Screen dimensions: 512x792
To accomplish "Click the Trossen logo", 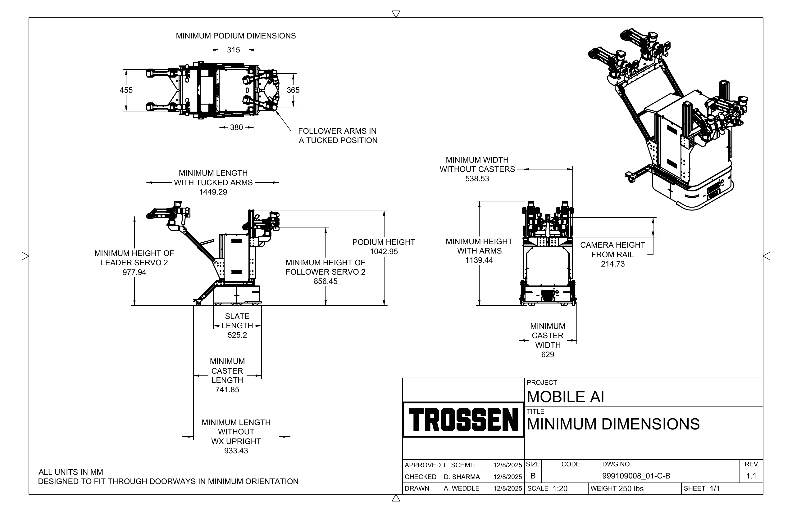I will point(463,420).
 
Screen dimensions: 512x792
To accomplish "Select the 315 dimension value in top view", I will point(233,50).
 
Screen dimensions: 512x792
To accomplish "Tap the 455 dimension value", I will point(126,90).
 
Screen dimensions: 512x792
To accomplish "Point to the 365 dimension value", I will point(293,90).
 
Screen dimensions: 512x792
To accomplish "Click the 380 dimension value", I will point(236,127).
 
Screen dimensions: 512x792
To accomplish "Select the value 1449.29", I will point(213,192).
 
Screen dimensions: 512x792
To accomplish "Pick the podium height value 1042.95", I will point(384,251).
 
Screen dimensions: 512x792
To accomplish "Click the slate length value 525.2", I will point(237,335).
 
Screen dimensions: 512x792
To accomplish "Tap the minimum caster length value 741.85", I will point(227,389).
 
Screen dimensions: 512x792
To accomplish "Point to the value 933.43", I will point(236,451).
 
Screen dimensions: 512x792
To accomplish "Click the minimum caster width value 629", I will point(547,354).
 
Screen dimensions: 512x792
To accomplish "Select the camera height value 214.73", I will point(612,264).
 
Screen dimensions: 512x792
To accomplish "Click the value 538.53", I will point(477,178).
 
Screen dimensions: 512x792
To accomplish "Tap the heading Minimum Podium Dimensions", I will point(236,36).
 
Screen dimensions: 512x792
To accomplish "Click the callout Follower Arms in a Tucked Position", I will point(337,136).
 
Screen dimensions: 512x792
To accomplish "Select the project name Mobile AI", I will point(565,397).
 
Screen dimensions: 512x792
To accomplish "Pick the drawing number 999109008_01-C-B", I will point(636,476).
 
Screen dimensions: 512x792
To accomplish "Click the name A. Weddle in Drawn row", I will point(461,488).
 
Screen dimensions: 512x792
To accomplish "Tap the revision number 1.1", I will point(751,476).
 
